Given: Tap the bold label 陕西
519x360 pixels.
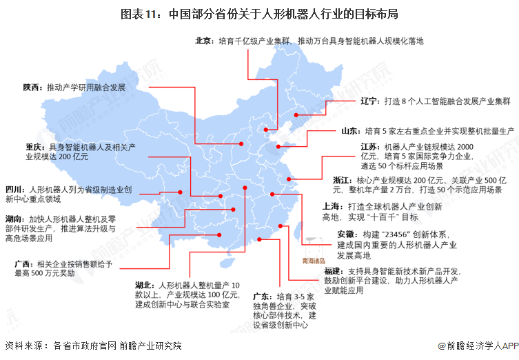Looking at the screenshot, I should (x=32, y=88).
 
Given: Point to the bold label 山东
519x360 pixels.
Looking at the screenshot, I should (x=349, y=130).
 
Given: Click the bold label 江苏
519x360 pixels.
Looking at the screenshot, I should (x=369, y=147).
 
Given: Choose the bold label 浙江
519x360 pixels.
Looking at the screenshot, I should (x=341, y=179).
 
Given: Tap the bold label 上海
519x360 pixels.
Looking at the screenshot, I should (x=332, y=206).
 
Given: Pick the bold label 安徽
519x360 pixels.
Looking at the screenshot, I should (x=347, y=234).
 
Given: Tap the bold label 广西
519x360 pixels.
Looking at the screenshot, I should (x=23, y=263).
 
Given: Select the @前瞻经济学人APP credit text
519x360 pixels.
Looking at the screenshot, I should (x=476, y=346).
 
